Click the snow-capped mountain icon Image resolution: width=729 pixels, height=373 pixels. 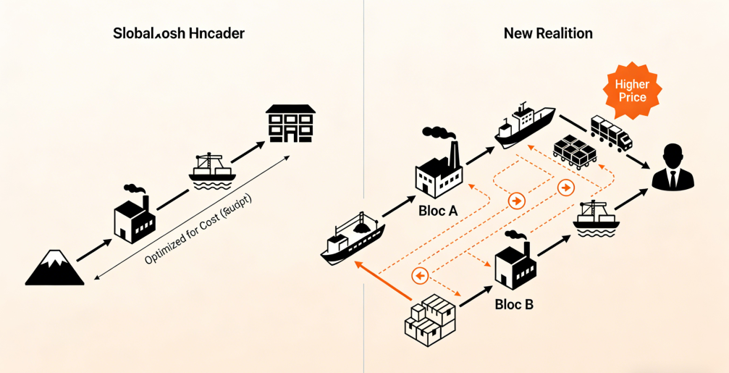point(55,268)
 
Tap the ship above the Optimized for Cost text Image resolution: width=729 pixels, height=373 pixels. point(212,169)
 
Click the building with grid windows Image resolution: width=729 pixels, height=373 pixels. point(290,124)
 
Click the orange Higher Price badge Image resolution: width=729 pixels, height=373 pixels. point(631,91)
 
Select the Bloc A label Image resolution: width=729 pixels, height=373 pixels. point(438,211)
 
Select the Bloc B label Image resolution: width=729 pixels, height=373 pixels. point(514,304)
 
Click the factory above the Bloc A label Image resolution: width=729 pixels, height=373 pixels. point(439,171)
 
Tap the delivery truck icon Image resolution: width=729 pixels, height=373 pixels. point(611,133)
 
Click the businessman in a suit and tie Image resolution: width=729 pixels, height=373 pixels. point(673,168)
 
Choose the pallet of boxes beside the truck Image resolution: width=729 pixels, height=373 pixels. point(575,151)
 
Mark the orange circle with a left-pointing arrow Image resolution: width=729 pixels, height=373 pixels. point(420,276)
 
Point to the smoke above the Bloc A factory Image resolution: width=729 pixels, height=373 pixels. point(439,133)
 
